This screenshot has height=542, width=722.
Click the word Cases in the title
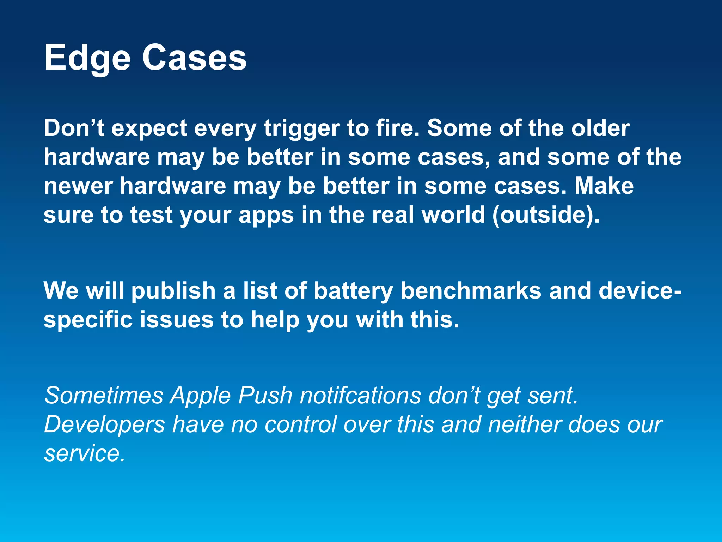point(194,58)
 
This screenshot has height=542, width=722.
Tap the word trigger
point(301,129)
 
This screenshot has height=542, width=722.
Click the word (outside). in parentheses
point(546,215)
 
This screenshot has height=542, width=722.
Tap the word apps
point(266,216)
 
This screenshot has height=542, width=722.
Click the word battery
point(353,291)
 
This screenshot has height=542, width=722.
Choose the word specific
point(88,320)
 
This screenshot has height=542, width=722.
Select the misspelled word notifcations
point(360,396)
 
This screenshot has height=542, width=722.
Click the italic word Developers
point(105,425)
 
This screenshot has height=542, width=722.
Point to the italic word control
point(301,424)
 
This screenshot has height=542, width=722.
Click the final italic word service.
point(85,454)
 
